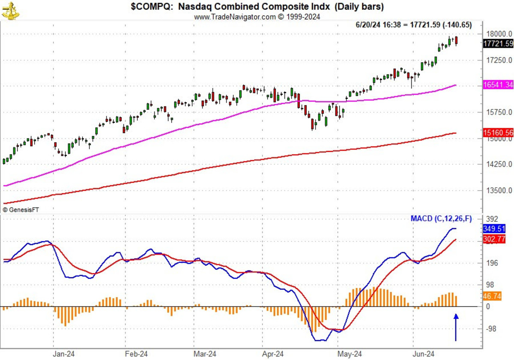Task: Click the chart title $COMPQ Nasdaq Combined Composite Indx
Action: pyautogui.click(x=257, y=7)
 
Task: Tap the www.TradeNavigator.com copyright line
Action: pyautogui.click(x=257, y=17)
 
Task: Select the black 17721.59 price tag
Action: pyautogui.click(x=498, y=43)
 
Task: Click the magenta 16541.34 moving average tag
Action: pyautogui.click(x=498, y=85)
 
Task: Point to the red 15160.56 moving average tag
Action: pyautogui.click(x=498, y=133)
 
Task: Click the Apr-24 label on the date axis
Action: pyautogui.click(x=273, y=354)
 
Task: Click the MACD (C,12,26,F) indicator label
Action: pyautogui.click(x=441, y=219)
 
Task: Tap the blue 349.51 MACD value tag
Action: pyautogui.click(x=493, y=229)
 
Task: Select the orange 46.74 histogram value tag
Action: pyautogui.click(x=492, y=296)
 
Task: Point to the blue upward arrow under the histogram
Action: pyautogui.click(x=456, y=327)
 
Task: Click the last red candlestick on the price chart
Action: pyautogui.click(x=457, y=41)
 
